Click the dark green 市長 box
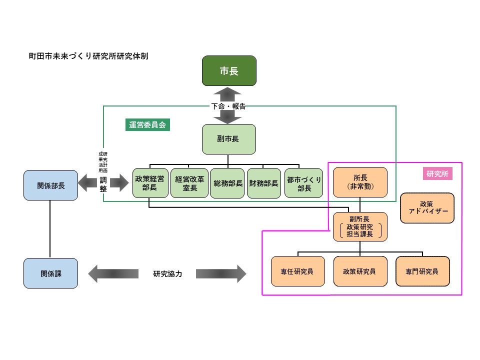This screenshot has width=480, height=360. pos(229,71)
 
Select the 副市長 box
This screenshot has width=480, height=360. pos(228,139)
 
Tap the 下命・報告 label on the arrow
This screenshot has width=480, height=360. pos(228,106)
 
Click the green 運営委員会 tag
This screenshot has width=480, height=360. pos(147,125)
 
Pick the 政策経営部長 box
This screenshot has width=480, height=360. pos(149,183)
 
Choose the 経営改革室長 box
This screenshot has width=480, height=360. pos(189,183)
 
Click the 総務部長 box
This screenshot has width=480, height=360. pos(228,183)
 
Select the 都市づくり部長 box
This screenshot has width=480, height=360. pos(303,183)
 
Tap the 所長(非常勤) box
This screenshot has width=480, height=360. pos(360,182)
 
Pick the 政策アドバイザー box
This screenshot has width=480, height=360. pos(427,208)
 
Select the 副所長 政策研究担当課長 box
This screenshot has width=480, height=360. pos(360,226)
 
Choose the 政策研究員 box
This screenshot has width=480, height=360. pos(360,271)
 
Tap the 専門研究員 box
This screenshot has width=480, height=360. pos(422,271)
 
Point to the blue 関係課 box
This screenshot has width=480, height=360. pos(51,273)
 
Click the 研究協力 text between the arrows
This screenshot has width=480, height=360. pos(167,274)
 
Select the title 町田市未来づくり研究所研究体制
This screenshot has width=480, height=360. pos(88,56)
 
